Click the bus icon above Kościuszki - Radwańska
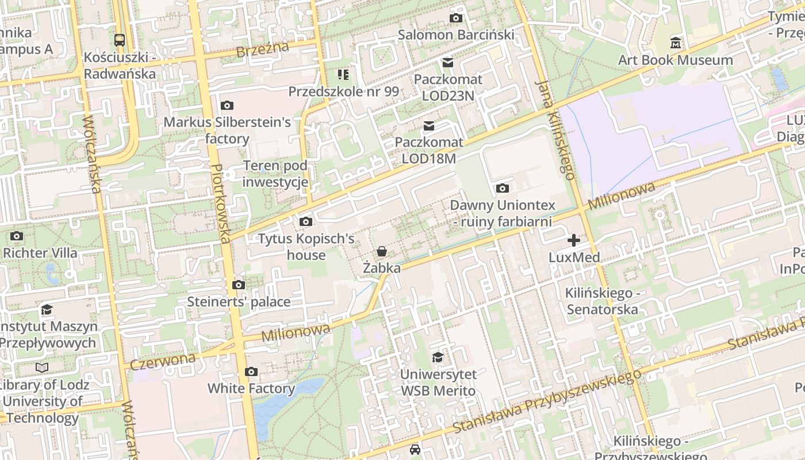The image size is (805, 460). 120,40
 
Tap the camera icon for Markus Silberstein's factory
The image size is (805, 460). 227,105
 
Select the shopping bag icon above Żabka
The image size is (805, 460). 381,251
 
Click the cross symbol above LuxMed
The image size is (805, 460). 574,240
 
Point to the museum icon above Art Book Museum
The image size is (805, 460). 675,43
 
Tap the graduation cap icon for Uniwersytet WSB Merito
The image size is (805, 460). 438,357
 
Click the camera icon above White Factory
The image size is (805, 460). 251,371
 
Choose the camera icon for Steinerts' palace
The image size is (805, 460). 239,285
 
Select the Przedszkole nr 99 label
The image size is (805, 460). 343,91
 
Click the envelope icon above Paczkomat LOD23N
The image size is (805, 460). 447,62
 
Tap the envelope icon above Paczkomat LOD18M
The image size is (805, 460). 429,125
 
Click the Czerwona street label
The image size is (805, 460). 163,361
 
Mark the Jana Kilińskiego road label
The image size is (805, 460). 555,130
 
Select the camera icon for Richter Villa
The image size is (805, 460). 17,236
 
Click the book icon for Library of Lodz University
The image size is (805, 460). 42,367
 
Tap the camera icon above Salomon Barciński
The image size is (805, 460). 456,18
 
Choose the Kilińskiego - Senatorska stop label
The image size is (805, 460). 602,301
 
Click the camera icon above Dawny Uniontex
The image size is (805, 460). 503,188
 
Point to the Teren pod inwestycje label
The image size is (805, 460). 275,174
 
